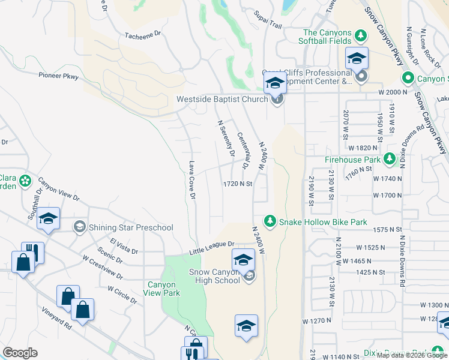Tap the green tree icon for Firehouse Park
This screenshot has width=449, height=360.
click(390, 159)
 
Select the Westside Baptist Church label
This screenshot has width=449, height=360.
click(221, 99)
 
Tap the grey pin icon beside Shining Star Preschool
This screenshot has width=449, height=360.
click(79, 227)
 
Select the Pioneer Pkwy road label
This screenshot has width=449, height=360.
click(59, 76)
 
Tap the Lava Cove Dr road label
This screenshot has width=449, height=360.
click(192, 179)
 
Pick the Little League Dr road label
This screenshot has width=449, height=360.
click(212, 247)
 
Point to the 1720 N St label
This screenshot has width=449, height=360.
click(237, 184)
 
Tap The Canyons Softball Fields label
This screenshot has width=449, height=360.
click(327, 37)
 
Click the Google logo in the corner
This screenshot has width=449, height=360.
click(20, 353)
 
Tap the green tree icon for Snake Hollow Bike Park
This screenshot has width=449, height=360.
click(270, 222)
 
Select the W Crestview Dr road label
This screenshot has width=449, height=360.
click(103, 268)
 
